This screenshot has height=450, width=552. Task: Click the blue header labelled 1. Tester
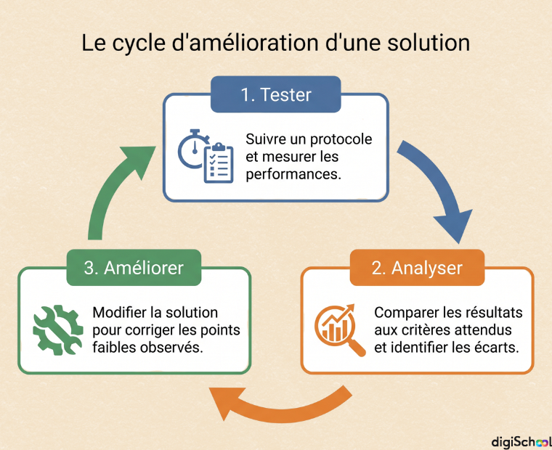[276, 94]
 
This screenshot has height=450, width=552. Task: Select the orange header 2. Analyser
[417, 268]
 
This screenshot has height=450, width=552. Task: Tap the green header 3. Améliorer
[134, 268]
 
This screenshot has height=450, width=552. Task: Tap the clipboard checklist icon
[219, 163]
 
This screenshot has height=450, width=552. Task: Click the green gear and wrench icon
[57, 330]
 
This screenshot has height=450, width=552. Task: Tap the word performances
[293, 174]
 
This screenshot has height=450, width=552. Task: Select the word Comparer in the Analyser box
[404, 313]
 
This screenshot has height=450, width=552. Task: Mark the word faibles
[115, 348]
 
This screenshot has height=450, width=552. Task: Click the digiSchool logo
[521, 442]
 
